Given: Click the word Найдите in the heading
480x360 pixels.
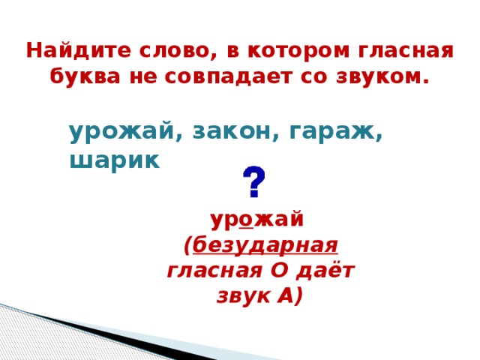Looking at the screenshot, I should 67,51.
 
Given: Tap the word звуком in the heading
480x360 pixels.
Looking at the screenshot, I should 379,77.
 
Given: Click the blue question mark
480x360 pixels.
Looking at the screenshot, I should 253,182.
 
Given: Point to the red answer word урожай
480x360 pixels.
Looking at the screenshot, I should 256,220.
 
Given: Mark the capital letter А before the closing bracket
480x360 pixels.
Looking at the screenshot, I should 284,296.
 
